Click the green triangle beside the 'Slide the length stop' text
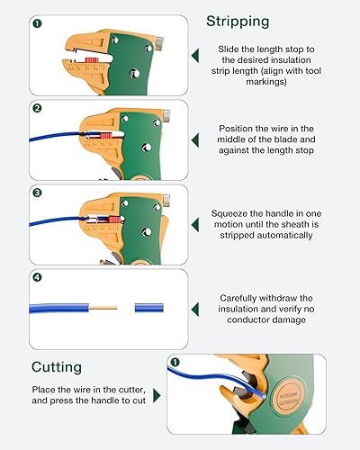pos(196,56)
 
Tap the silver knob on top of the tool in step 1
pos(158,40)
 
